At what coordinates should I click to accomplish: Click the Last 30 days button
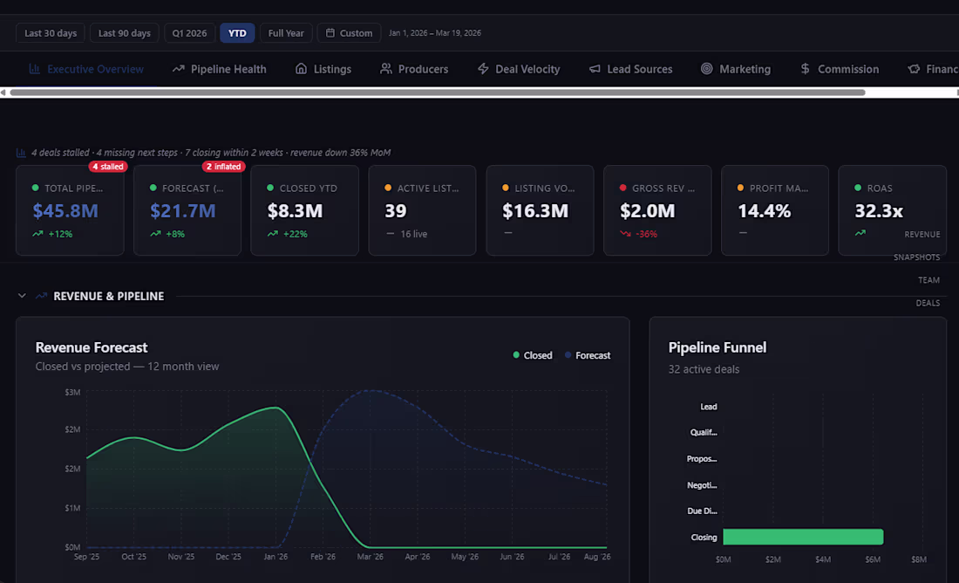[x=51, y=33]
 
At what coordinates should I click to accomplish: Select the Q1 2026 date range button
[x=189, y=33]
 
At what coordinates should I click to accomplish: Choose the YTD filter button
[x=237, y=33]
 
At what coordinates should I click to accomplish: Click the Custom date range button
[x=349, y=33]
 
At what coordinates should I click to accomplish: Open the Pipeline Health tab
[x=220, y=69]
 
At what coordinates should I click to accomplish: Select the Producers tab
[x=414, y=69]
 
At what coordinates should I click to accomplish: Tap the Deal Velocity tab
[x=519, y=69]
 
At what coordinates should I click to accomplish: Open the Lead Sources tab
[x=630, y=69]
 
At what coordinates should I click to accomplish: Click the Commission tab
[x=839, y=69]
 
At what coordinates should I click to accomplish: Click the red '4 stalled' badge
[x=108, y=167]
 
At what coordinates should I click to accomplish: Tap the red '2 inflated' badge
[x=224, y=167]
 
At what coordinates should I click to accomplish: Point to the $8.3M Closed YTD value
[x=295, y=210]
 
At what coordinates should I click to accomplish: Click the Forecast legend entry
[x=588, y=355]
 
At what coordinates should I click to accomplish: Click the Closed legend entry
[x=533, y=355]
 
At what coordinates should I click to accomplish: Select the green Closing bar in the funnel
[x=802, y=537]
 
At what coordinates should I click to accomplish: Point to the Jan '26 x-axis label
[x=275, y=557]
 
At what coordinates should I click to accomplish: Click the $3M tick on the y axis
[x=72, y=393]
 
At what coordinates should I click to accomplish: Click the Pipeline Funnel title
[x=717, y=347]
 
